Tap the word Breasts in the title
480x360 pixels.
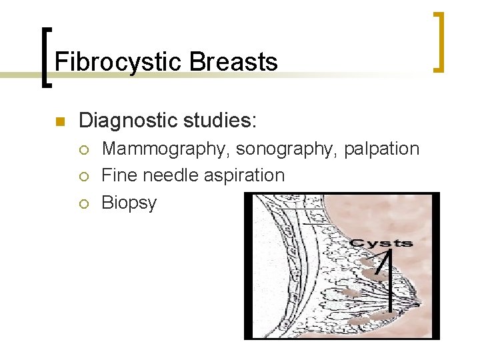[233, 62]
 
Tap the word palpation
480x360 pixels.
[382, 149]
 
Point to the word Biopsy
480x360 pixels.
[129, 203]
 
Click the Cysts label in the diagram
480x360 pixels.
[381, 243]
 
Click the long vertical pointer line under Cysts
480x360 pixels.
[390, 280]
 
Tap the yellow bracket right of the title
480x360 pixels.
[439, 41]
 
